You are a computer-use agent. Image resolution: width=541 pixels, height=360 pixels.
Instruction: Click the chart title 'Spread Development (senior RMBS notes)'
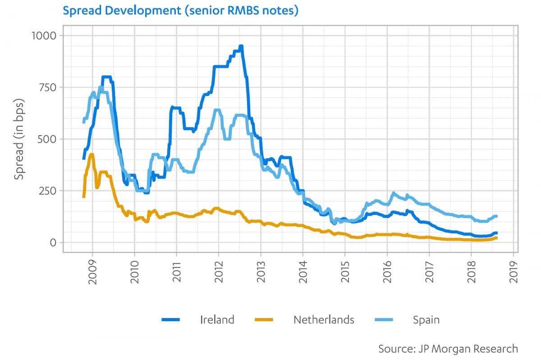(x=181, y=10)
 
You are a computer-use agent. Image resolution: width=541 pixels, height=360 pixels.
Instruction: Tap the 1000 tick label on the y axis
(x=44, y=35)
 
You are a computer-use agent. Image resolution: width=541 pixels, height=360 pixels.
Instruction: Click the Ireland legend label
(x=217, y=320)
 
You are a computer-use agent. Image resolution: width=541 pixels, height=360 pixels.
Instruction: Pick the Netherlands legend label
(x=324, y=320)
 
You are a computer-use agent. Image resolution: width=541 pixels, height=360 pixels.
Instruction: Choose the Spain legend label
(x=426, y=320)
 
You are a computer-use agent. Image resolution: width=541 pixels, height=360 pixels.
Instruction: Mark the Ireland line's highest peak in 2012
(x=241, y=46)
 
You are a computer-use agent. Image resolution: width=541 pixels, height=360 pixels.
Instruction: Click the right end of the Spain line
(x=496, y=216)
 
